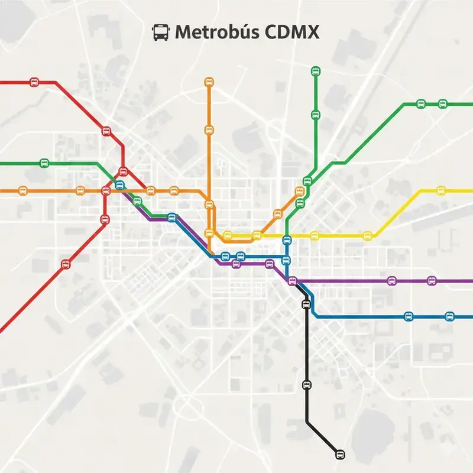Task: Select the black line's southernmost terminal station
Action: tap(339, 454)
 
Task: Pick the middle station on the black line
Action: tap(306, 385)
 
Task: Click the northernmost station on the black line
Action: tap(306, 304)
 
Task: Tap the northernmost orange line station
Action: tap(209, 82)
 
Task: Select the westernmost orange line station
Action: tap(23, 190)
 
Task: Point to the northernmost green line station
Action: tap(315, 72)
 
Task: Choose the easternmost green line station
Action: tap(442, 104)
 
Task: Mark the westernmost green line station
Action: tap(44, 163)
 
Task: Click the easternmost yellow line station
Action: tap(440, 190)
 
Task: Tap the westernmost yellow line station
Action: tap(228, 235)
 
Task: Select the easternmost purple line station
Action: tap(432, 281)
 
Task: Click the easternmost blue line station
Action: tap(449, 316)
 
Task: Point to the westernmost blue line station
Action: tap(120, 185)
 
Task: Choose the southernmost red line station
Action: tap(66, 264)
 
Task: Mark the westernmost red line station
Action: tap(34, 82)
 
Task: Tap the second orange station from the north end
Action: tap(209, 129)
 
